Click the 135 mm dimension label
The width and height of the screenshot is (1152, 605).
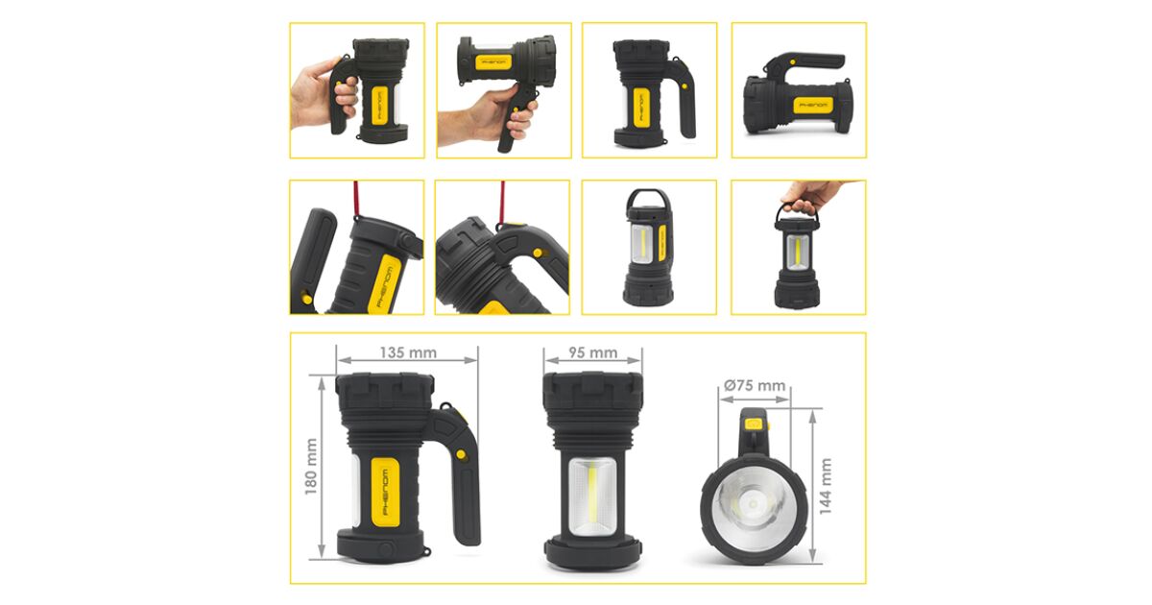408,353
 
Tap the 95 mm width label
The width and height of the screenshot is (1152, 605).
593,353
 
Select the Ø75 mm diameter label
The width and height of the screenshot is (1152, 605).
755,385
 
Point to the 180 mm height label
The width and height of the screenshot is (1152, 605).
311,467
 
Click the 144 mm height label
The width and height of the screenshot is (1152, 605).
825,486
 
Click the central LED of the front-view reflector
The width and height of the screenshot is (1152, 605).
753,503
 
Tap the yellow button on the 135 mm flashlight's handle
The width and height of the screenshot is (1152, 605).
461,454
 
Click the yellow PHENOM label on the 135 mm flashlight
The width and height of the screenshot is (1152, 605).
386,492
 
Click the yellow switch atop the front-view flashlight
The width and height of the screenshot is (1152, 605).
755,424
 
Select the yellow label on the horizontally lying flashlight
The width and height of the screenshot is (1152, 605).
813,106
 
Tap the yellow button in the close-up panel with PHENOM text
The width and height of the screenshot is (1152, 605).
306,299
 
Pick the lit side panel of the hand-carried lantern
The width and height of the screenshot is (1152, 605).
797,253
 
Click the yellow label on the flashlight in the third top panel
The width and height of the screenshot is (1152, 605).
640,107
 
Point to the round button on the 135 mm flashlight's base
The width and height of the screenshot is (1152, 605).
386,548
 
